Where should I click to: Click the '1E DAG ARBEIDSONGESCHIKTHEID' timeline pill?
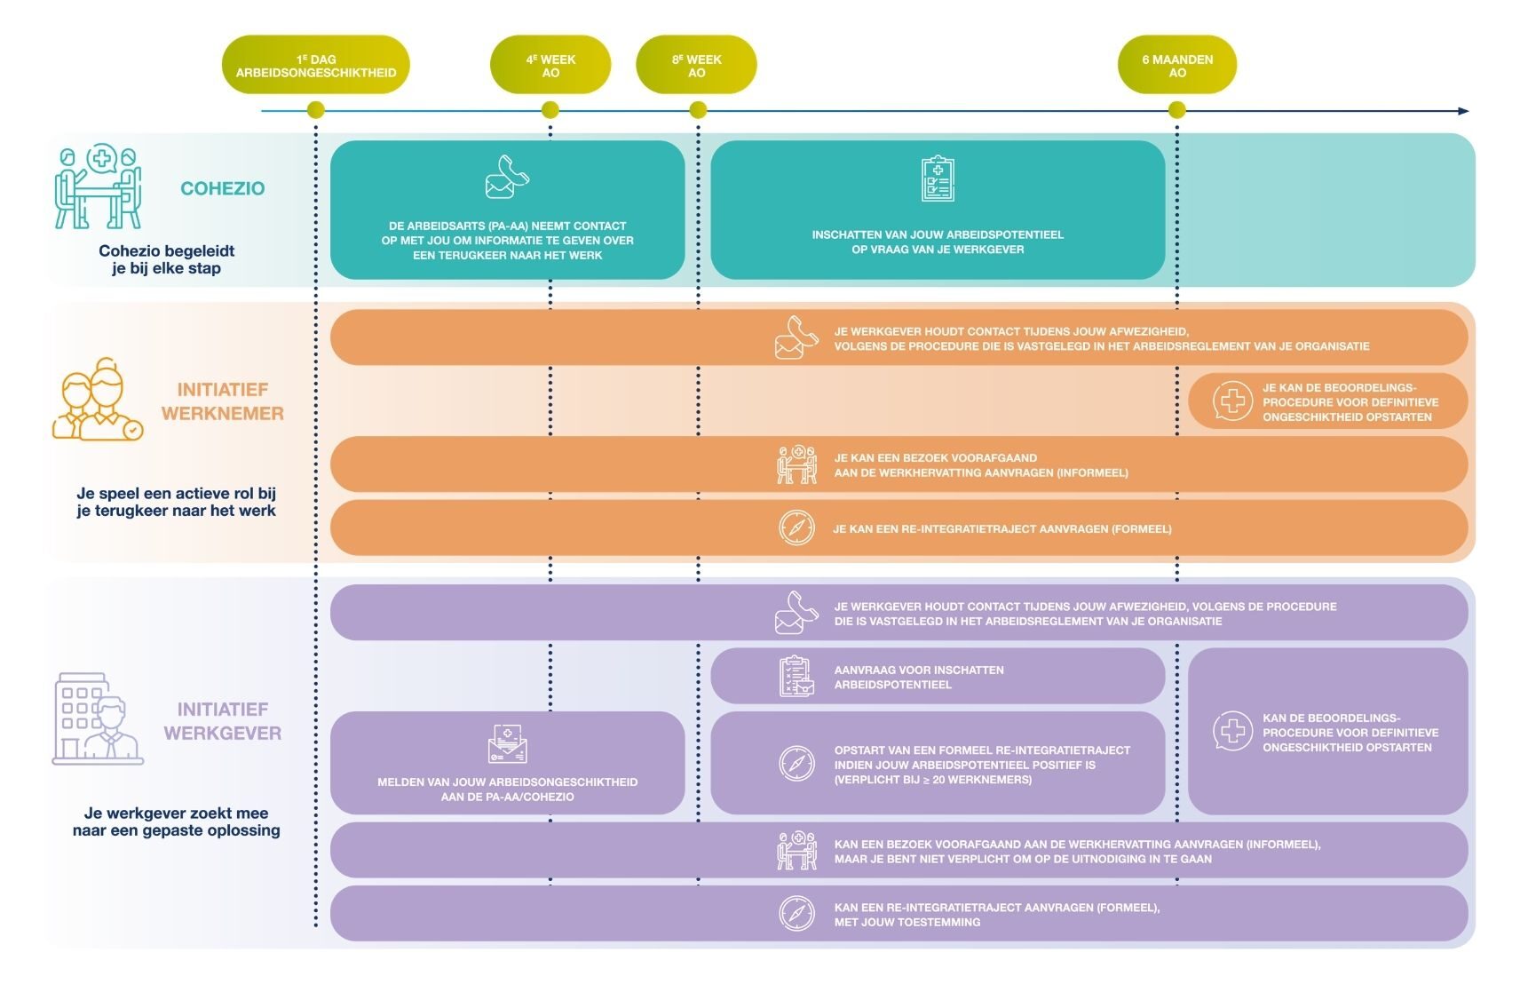[315, 65]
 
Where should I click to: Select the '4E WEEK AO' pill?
[550, 65]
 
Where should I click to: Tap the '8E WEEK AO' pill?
[696, 65]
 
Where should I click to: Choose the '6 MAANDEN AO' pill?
[1177, 65]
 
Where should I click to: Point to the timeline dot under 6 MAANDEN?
[1177, 110]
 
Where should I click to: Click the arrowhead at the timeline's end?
[1464, 111]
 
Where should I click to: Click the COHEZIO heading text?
[223, 188]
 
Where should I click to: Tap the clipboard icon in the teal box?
[938, 179]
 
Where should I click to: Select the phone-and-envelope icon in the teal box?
[507, 177]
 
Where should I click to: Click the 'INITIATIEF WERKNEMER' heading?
[223, 401]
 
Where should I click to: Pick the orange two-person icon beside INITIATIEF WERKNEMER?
[98, 400]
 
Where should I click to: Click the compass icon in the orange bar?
[796, 528]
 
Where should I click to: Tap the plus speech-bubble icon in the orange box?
[1232, 401]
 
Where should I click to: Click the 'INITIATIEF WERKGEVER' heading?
[223, 721]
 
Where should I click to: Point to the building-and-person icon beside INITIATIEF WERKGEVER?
[98, 718]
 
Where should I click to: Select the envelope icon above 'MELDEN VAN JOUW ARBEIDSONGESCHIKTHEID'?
[507, 743]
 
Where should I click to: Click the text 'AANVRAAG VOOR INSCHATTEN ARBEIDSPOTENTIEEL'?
[919, 678]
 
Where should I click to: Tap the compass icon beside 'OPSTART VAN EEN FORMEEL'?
[796, 764]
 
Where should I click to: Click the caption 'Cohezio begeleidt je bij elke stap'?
[166, 259]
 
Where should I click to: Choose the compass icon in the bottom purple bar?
[796, 914]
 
